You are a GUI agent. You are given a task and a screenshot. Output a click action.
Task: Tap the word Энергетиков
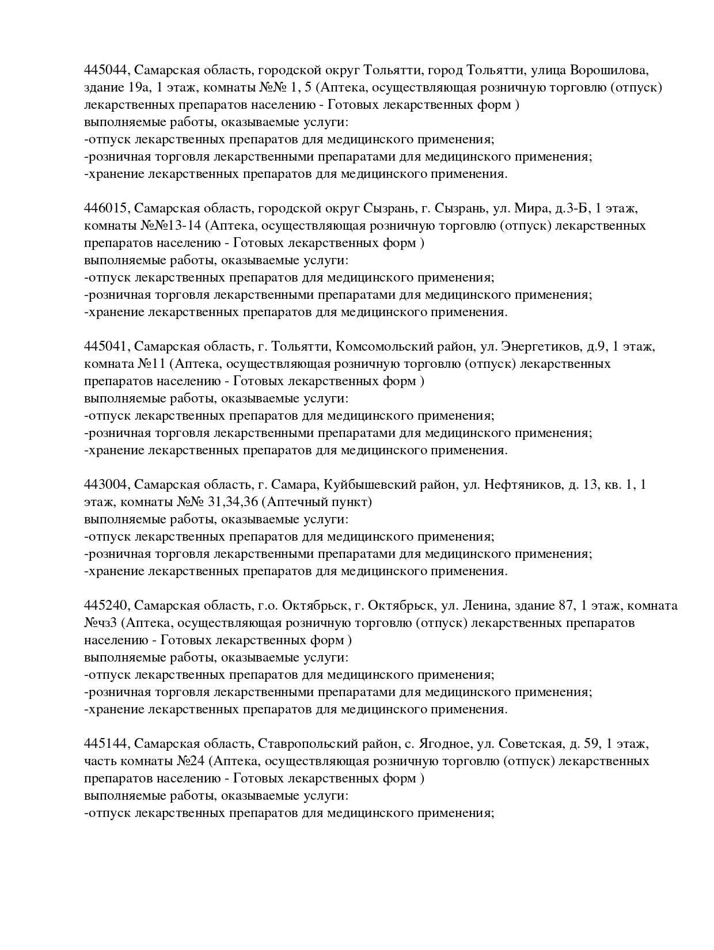click(541, 347)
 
